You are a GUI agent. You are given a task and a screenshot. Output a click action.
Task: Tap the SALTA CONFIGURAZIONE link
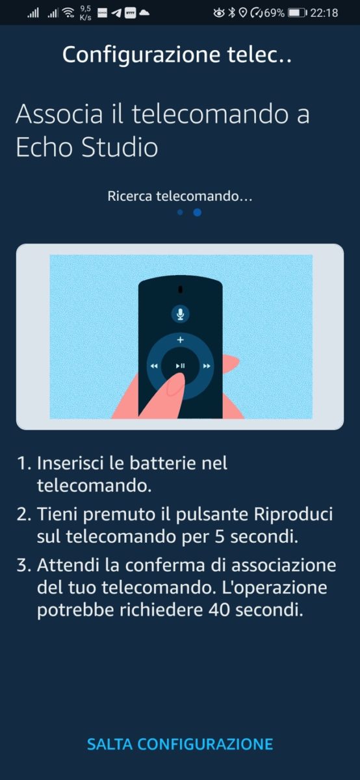[x=180, y=744]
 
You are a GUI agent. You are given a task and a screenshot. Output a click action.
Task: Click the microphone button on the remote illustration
[x=180, y=314]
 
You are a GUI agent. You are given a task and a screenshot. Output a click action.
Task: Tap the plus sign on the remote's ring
[x=180, y=339]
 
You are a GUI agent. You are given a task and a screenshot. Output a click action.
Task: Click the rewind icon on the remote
[x=154, y=366]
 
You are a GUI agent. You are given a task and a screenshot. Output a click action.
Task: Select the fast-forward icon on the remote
[x=207, y=366]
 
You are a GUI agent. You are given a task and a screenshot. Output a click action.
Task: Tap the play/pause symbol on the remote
[x=181, y=366]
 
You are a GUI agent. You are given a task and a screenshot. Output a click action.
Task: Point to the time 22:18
[x=324, y=13]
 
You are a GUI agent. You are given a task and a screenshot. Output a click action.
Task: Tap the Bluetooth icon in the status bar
[x=232, y=13]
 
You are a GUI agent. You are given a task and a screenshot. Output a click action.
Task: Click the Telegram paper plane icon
[x=116, y=13]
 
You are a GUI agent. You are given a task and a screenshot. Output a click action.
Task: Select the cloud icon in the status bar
[x=144, y=13]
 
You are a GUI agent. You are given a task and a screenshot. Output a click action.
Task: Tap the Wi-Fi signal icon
[x=69, y=13]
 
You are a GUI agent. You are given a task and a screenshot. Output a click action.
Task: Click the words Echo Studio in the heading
[x=87, y=147]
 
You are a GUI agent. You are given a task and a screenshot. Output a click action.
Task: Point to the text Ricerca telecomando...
[x=173, y=196]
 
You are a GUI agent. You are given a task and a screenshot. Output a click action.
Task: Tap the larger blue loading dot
[x=197, y=213]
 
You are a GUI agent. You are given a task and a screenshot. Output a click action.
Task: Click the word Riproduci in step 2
[x=293, y=514]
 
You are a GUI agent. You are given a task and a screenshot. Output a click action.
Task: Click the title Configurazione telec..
[x=177, y=55]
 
